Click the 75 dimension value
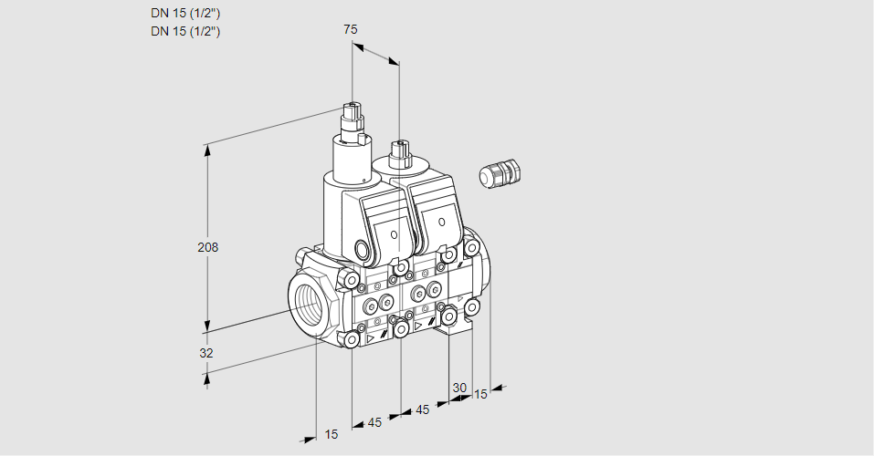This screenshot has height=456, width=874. point(350,29)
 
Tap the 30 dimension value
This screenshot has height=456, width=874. point(459,388)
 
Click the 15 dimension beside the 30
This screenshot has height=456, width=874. point(481,394)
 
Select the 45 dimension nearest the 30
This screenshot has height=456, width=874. point(422,409)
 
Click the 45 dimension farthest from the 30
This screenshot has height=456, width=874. point(374,422)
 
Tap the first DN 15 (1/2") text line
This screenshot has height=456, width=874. point(185,14)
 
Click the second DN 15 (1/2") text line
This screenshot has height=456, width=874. point(185,31)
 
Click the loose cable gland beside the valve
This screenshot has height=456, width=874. point(500,173)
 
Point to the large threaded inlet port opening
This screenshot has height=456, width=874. point(306,302)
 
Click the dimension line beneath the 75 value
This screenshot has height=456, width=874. point(375,52)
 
